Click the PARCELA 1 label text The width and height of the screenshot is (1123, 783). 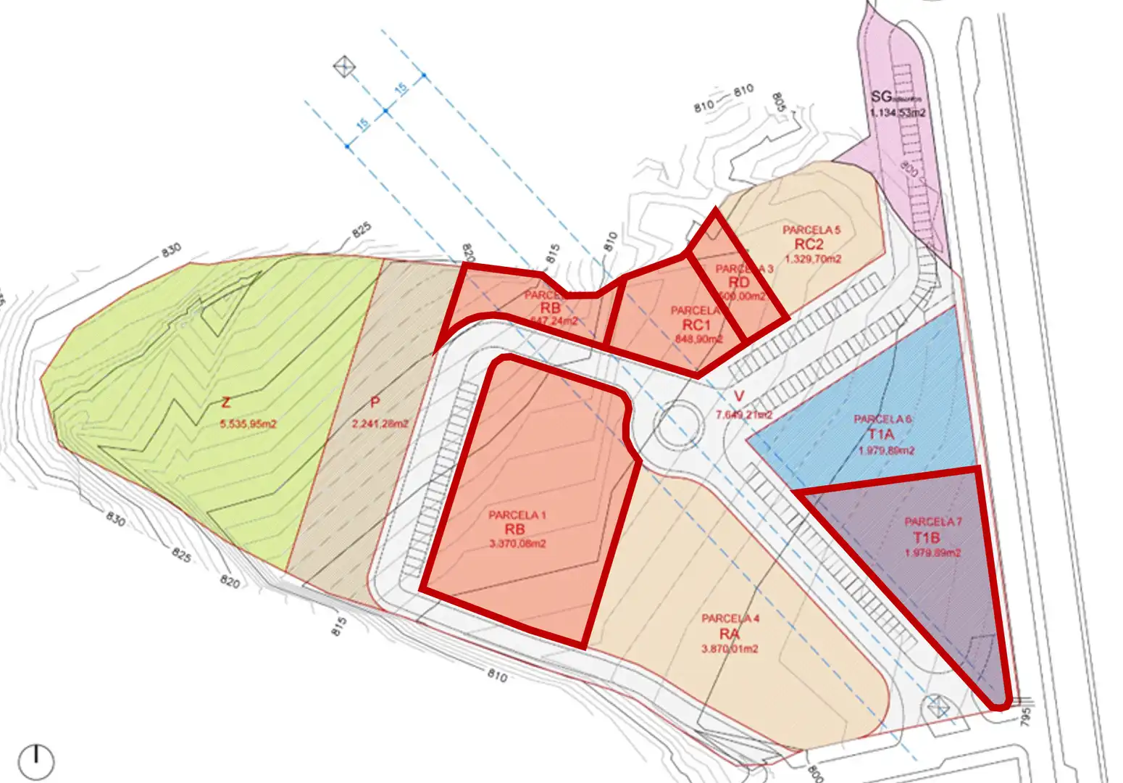tap(517, 515)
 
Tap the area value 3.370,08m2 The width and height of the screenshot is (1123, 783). tap(517, 544)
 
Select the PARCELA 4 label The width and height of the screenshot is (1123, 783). tap(730, 618)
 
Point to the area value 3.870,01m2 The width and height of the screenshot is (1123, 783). tap(730, 649)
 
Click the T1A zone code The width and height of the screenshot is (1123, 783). tap(882, 434)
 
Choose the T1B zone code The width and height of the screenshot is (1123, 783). tap(927, 537)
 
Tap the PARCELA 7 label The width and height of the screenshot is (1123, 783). tap(933, 522)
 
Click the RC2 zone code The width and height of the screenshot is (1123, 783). tap(809, 244)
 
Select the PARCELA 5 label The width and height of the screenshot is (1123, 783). tap(811, 231)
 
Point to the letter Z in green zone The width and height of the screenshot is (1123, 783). tap(226, 403)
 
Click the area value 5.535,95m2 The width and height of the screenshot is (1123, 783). tap(249, 424)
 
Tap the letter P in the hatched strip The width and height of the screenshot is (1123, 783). tap(375, 403)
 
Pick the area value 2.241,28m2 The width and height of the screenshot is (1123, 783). tap(380, 424)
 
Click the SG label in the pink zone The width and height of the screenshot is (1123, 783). tap(882, 96)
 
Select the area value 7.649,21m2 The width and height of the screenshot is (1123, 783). tap(743, 415)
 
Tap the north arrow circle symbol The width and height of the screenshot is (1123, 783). tap(36, 762)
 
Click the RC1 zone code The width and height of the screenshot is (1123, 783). tap(696, 325)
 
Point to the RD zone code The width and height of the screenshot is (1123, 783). tap(738, 282)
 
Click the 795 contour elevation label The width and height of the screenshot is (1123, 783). tap(1026, 716)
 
